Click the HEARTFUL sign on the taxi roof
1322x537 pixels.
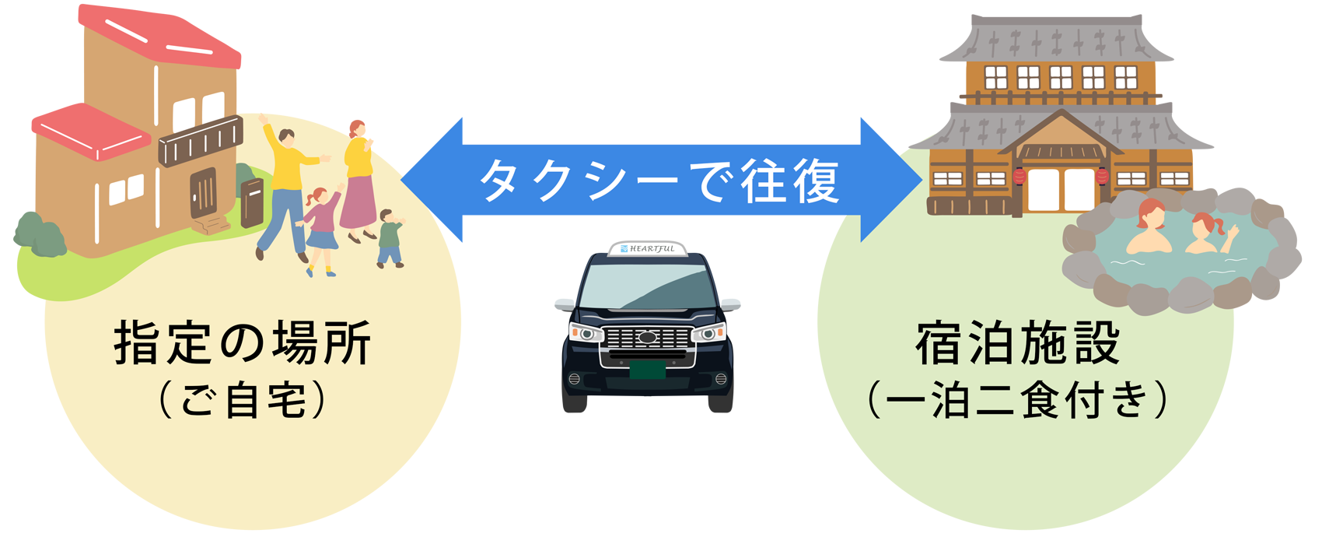[x=647, y=248]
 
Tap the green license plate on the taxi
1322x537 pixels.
[x=647, y=369]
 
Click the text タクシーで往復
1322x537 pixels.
[x=659, y=181]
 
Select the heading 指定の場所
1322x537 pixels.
[x=243, y=343]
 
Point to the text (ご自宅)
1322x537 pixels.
[x=243, y=401]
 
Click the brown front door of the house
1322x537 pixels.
[x=203, y=191]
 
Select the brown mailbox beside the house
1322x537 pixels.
[x=252, y=202]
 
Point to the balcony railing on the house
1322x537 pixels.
[x=201, y=142]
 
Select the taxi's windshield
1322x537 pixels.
[x=647, y=287]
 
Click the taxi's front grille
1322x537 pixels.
[x=647, y=339]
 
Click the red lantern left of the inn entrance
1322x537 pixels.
[x=1019, y=177]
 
